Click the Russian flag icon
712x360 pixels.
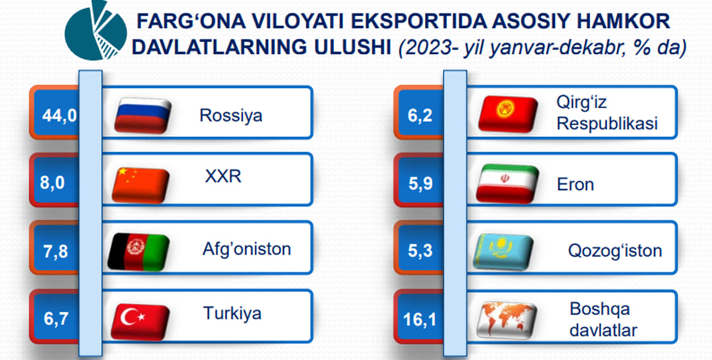pyautogui.click(x=143, y=116)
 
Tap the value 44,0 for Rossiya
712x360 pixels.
pyautogui.click(x=59, y=116)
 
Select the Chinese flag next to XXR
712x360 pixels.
pyautogui.click(x=140, y=184)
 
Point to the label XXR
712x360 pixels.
pyautogui.click(x=223, y=176)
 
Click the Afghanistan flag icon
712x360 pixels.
pyautogui.click(x=138, y=252)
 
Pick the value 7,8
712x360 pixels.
pyautogui.click(x=56, y=251)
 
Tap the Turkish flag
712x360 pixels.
pyautogui.click(x=140, y=321)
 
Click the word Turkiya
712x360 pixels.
pyautogui.click(x=232, y=313)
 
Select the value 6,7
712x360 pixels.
pyautogui.click(x=56, y=319)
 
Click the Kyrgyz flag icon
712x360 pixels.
pyautogui.click(x=507, y=114)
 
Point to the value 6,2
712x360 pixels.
pyautogui.click(x=421, y=116)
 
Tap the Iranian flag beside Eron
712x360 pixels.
pyautogui.click(x=507, y=183)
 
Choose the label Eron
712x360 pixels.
pyautogui.click(x=576, y=184)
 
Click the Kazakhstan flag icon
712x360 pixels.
pyautogui.click(x=503, y=251)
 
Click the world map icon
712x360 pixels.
pyautogui.click(x=507, y=320)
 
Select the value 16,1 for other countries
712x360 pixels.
pyautogui.click(x=419, y=319)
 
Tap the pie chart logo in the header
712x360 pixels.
pyautogui.click(x=96, y=30)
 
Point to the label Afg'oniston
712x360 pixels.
pyautogui.click(x=247, y=248)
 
